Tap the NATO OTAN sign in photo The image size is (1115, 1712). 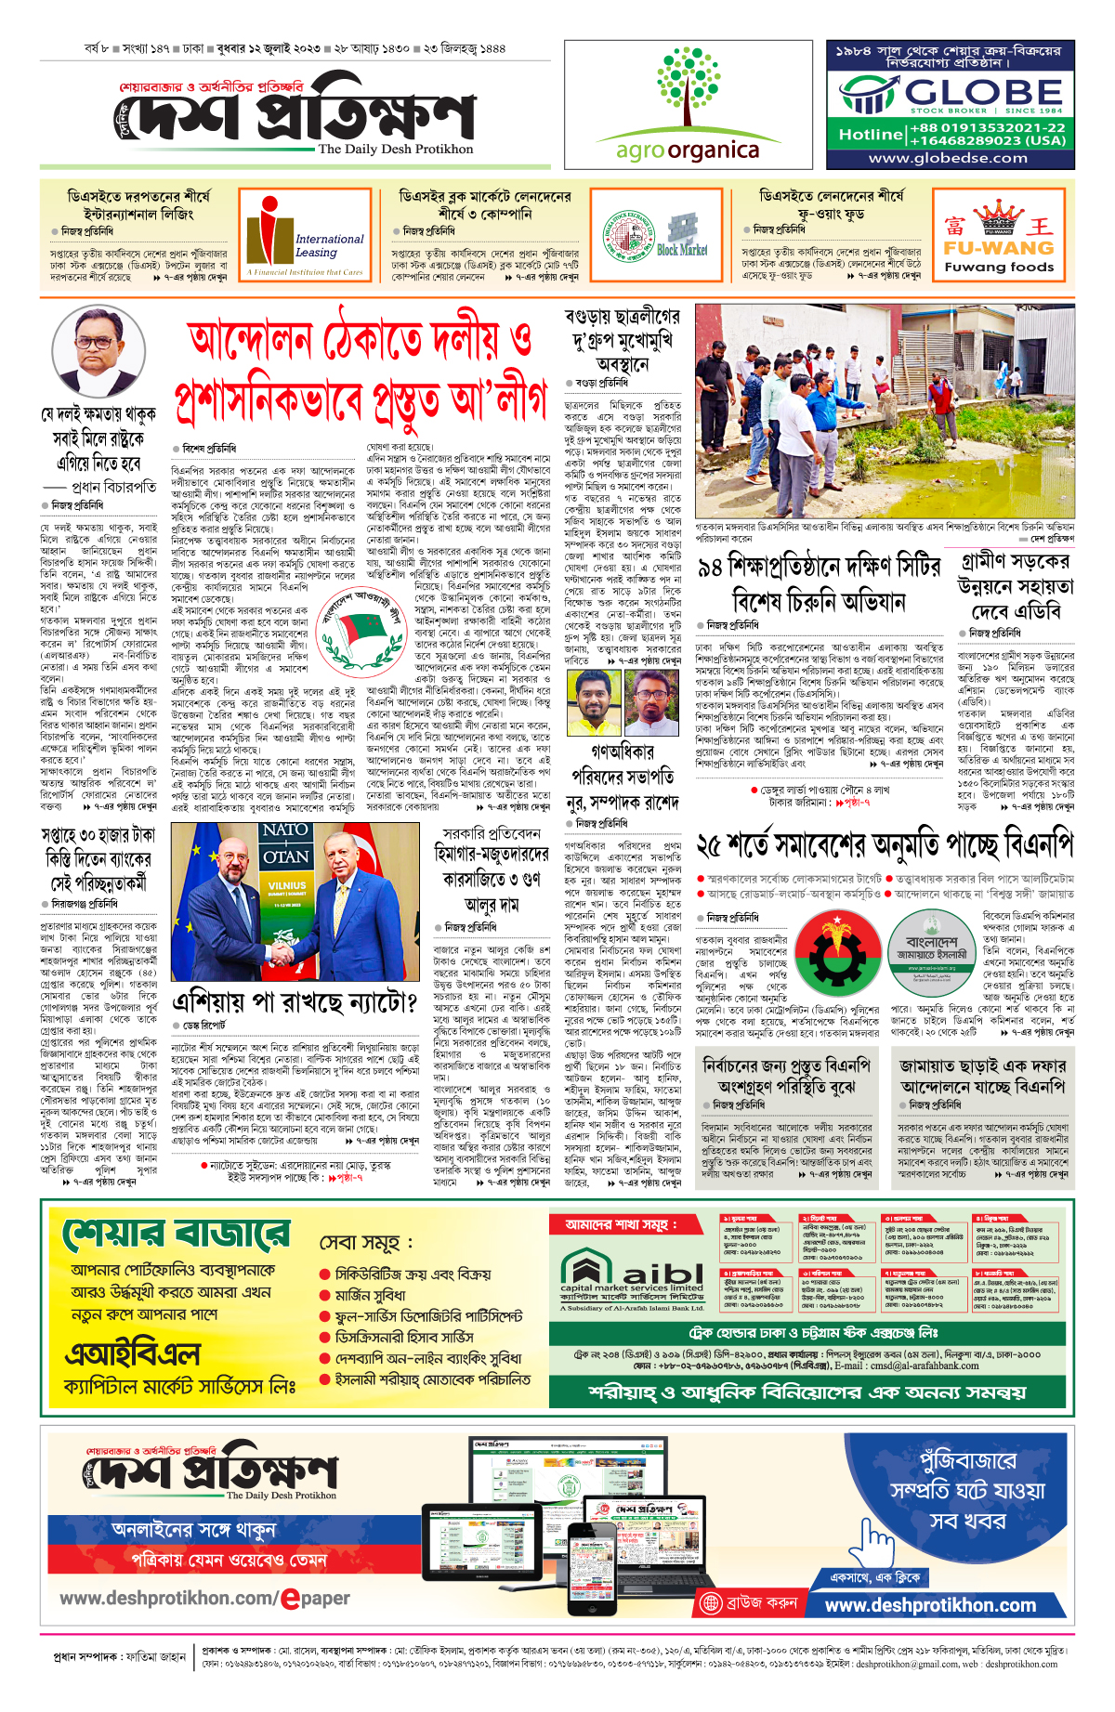pyautogui.click(x=285, y=843)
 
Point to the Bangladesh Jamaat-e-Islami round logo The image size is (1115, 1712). pyautogui.click(x=931, y=941)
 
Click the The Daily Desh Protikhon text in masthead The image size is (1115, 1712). pyautogui.click(x=395, y=149)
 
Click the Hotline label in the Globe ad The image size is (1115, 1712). pyautogui.click(x=871, y=135)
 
